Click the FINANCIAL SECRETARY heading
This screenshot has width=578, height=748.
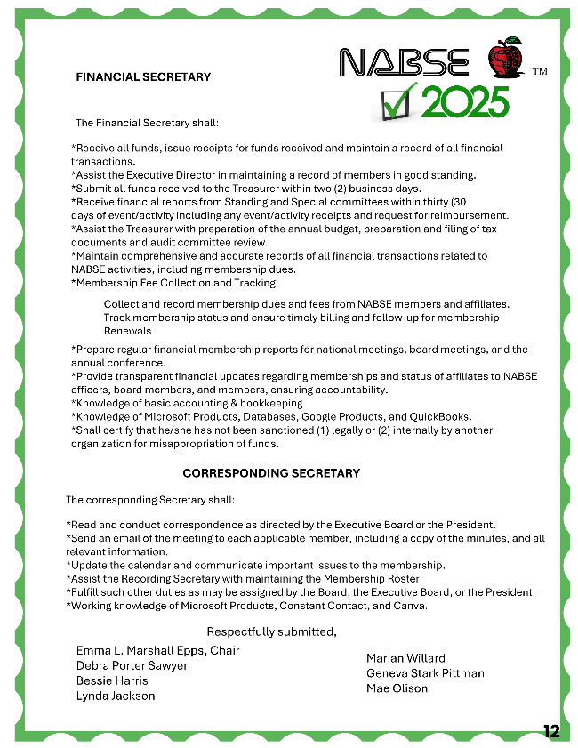coord(143,77)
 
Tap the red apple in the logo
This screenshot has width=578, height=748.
coord(506,60)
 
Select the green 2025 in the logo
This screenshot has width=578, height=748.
coord(464,102)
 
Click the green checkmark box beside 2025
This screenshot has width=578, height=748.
coord(394,103)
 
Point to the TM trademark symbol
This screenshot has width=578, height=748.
coord(539,71)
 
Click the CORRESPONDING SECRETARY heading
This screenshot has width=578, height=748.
coord(271,473)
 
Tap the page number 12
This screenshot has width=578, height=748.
coord(551,731)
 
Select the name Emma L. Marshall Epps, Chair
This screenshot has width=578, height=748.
coord(157,650)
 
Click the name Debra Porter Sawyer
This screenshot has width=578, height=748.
coord(132,665)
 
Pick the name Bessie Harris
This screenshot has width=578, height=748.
coord(112,680)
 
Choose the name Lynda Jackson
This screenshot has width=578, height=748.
coord(116,696)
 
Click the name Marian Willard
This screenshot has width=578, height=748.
coord(405,658)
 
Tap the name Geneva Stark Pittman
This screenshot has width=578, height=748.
coord(425,673)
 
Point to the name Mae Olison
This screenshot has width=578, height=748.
coord(397,688)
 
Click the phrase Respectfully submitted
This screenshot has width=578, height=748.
coord(272,631)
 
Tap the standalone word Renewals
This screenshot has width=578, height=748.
coord(127,331)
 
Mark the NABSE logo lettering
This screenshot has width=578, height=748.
coord(405,62)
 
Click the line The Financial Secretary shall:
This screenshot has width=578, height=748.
coord(147,123)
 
